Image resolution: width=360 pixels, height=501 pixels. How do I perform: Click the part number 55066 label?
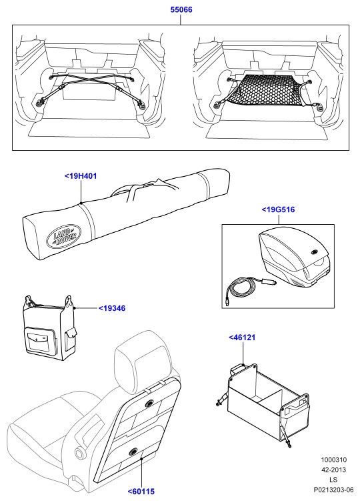181,9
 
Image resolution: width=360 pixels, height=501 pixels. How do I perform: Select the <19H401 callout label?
81,176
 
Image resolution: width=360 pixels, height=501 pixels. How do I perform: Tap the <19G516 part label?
278,209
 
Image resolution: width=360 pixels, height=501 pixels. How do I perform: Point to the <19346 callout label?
112,308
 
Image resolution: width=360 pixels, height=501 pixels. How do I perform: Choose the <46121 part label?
242,338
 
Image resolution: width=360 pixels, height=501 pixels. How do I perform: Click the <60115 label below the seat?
141,492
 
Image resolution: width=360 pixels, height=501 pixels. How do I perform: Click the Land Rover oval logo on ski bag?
64,237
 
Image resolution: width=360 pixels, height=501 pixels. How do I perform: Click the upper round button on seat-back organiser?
149,404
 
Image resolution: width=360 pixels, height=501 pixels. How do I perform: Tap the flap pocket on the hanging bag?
38,341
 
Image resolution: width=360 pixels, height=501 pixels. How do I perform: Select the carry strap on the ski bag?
144,189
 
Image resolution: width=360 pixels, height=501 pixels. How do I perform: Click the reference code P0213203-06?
333,490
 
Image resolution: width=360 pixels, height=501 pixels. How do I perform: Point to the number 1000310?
333,460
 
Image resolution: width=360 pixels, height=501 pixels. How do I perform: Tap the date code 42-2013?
333,470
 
